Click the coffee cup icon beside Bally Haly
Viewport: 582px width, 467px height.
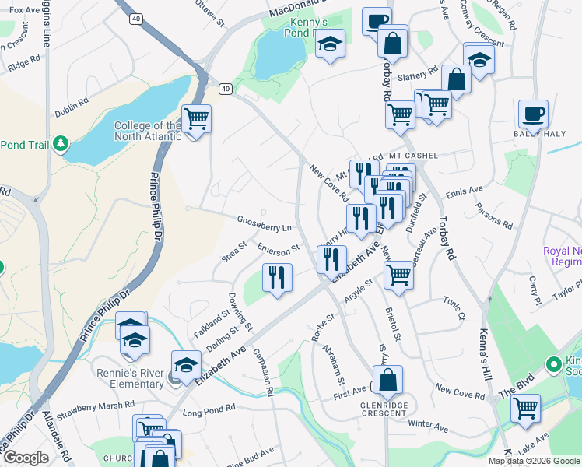point(534,114)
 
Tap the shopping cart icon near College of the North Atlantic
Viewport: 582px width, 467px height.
point(196,120)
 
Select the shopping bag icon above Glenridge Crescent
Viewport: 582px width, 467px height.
point(388,380)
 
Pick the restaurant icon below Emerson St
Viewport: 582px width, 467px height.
point(277,277)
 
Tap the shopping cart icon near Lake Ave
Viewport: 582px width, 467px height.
point(526,406)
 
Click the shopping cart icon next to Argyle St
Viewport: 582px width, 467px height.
point(398,274)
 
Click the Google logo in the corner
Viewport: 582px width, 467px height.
point(26,458)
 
